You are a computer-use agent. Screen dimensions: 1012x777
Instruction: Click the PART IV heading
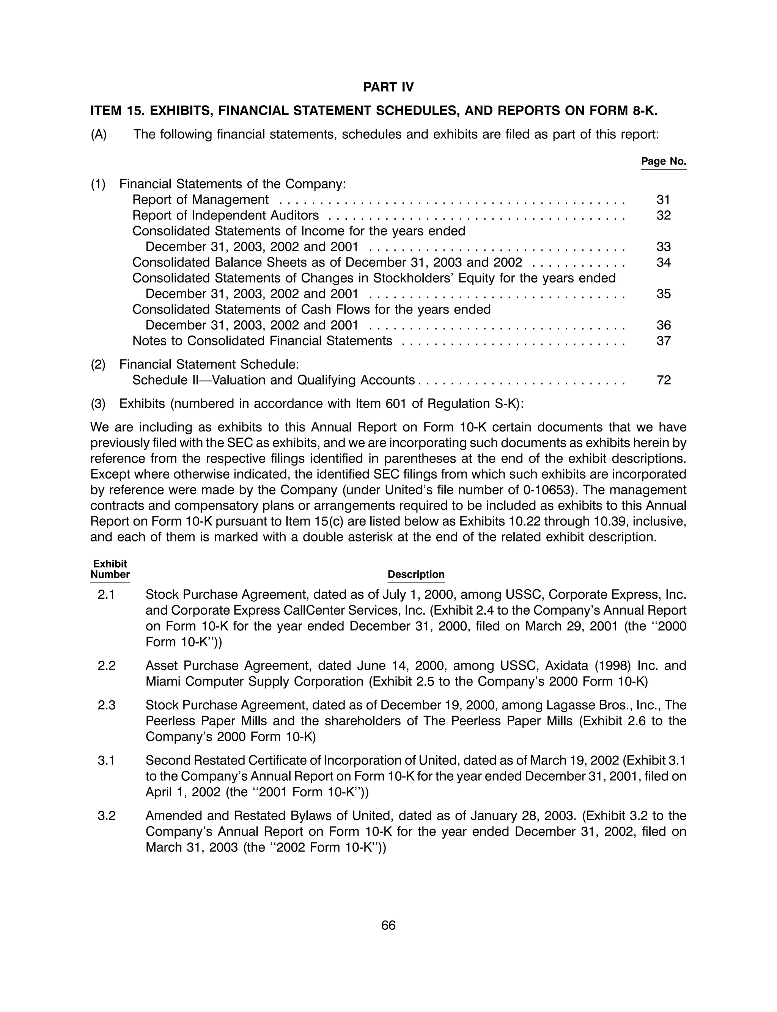tap(388, 87)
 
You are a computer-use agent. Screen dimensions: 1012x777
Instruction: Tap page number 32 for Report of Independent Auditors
tap(663, 215)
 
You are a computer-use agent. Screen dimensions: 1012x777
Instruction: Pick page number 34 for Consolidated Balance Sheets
tap(663, 262)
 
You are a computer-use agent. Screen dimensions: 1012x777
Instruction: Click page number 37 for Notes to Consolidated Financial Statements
tap(663, 341)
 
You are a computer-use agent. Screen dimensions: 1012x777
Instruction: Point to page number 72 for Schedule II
tap(663, 380)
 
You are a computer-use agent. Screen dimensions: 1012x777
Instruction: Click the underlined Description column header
tap(416, 574)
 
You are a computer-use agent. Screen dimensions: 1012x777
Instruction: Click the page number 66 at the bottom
tap(388, 926)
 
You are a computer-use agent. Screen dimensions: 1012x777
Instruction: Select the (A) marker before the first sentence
tap(99, 135)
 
